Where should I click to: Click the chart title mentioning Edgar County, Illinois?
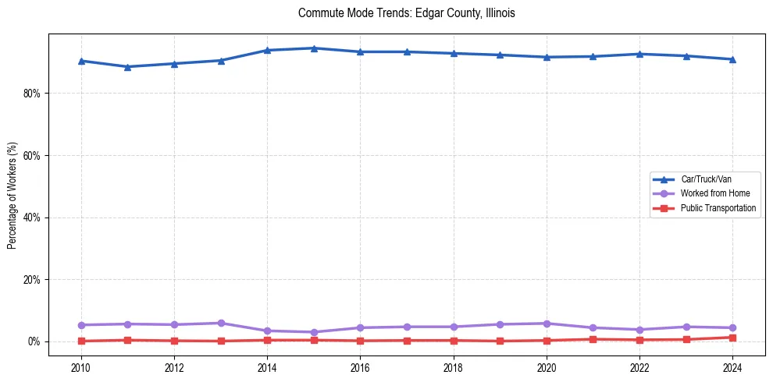[x=406, y=13]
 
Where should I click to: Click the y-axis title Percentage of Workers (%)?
[x=12, y=196]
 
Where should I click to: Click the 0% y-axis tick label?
[x=34, y=342]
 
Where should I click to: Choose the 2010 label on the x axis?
[x=80, y=367]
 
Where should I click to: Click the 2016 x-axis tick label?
[x=360, y=367]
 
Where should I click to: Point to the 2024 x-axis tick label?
[x=732, y=367]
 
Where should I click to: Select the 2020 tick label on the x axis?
[x=547, y=367]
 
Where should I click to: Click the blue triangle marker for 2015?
[x=314, y=48]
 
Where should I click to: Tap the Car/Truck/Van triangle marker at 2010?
[x=81, y=61]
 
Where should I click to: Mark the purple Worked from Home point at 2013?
[x=221, y=323]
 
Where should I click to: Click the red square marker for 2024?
[x=732, y=338]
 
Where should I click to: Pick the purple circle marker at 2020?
[x=547, y=324]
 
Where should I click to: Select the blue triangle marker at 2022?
[x=639, y=54]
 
